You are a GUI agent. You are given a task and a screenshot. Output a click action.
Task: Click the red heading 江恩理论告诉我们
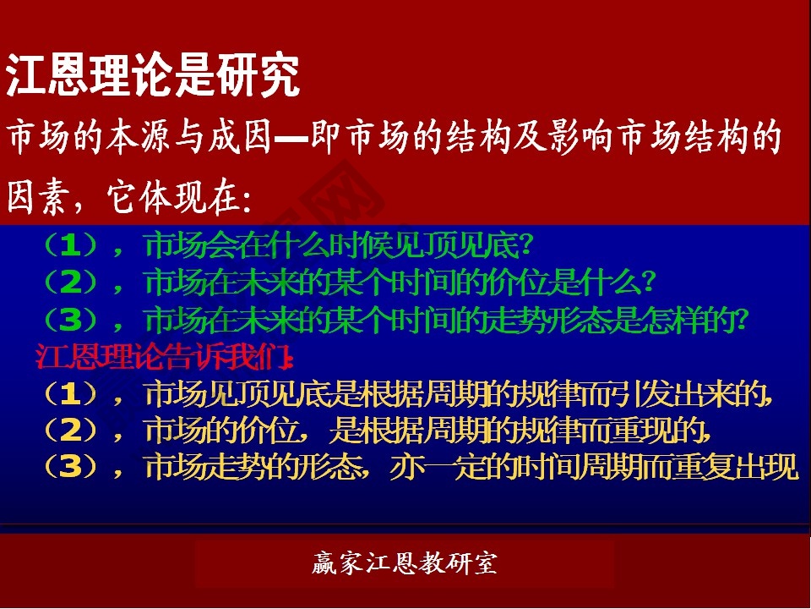166,358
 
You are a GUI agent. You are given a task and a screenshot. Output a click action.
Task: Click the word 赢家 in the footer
333,563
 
